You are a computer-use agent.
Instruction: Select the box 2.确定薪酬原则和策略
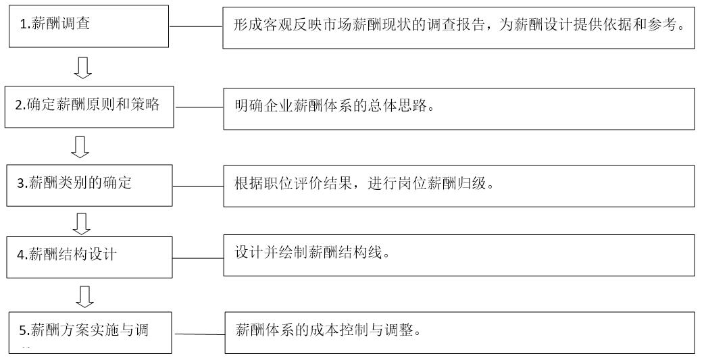point(89,106)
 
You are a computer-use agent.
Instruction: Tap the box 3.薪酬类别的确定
point(90,184)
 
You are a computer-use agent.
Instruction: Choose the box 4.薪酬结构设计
point(90,256)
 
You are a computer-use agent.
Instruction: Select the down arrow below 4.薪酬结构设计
point(84,295)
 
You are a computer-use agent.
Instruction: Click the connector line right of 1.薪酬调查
point(196,26)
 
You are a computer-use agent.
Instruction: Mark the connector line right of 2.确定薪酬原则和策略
point(199,107)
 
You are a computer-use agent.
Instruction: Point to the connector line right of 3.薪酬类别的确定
point(199,186)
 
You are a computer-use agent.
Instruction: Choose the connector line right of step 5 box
point(199,334)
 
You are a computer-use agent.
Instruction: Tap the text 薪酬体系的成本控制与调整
point(328,331)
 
